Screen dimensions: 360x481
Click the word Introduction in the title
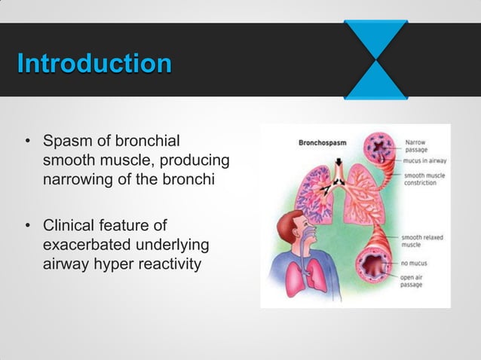coord(93,63)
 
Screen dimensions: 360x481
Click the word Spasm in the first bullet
coord(63,141)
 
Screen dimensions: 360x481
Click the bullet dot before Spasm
coord(27,142)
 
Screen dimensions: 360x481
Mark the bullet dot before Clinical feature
coord(27,227)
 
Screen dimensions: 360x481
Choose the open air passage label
coord(415,283)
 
